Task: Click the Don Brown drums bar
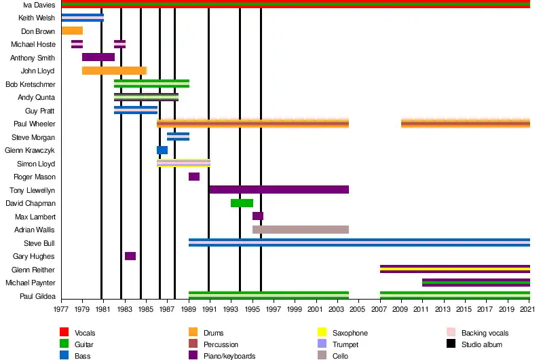(x=72, y=31)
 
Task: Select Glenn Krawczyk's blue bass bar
(x=162, y=150)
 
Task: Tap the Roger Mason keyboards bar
(x=194, y=177)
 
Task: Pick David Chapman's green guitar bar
(x=242, y=203)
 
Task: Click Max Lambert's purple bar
(x=258, y=216)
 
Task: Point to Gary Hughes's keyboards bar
(x=130, y=256)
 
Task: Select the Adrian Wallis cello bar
(x=300, y=230)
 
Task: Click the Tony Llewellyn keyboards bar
(x=279, y=190)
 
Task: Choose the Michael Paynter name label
(x=31, y=283)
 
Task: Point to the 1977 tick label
(x=61, y=309)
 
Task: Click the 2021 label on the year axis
(x=529, y=309)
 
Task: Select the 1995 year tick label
(x=253, y=309)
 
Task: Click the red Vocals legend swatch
(x=64, y=333)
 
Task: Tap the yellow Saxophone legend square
(x=322, y=333)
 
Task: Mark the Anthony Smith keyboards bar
(x=98, y=57)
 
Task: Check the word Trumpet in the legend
(x=345, y=344)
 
